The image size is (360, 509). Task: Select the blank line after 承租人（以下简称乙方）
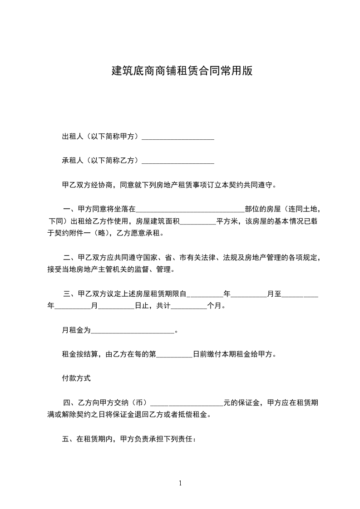click(x=178, y=161)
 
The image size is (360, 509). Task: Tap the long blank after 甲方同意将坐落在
click(x=190, y=210)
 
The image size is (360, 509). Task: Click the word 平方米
click(x=227, y=222)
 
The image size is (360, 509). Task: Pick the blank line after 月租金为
click(x=133, y=331)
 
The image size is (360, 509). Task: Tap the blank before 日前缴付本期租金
click(x=174, y=354)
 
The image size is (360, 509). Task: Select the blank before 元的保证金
click(x=187, y=403)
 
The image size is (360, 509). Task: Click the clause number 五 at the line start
click(x=65, y=439)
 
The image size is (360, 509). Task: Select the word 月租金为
click(x=76, y=330)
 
